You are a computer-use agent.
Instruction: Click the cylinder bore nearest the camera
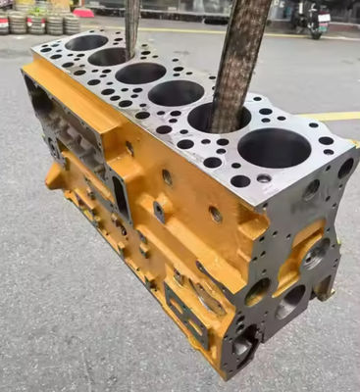[x=274, y=147]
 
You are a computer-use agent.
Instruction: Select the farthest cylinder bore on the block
[x=86, y=42]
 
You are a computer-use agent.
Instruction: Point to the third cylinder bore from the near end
[x=177, y=93]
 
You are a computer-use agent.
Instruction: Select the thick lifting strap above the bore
[x=240, y=49]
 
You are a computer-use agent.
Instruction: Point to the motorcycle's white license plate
[x=324, y=18]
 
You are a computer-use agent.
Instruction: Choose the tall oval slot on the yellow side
[x=121, y=196]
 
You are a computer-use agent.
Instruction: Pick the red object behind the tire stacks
[x=83, y=12]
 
